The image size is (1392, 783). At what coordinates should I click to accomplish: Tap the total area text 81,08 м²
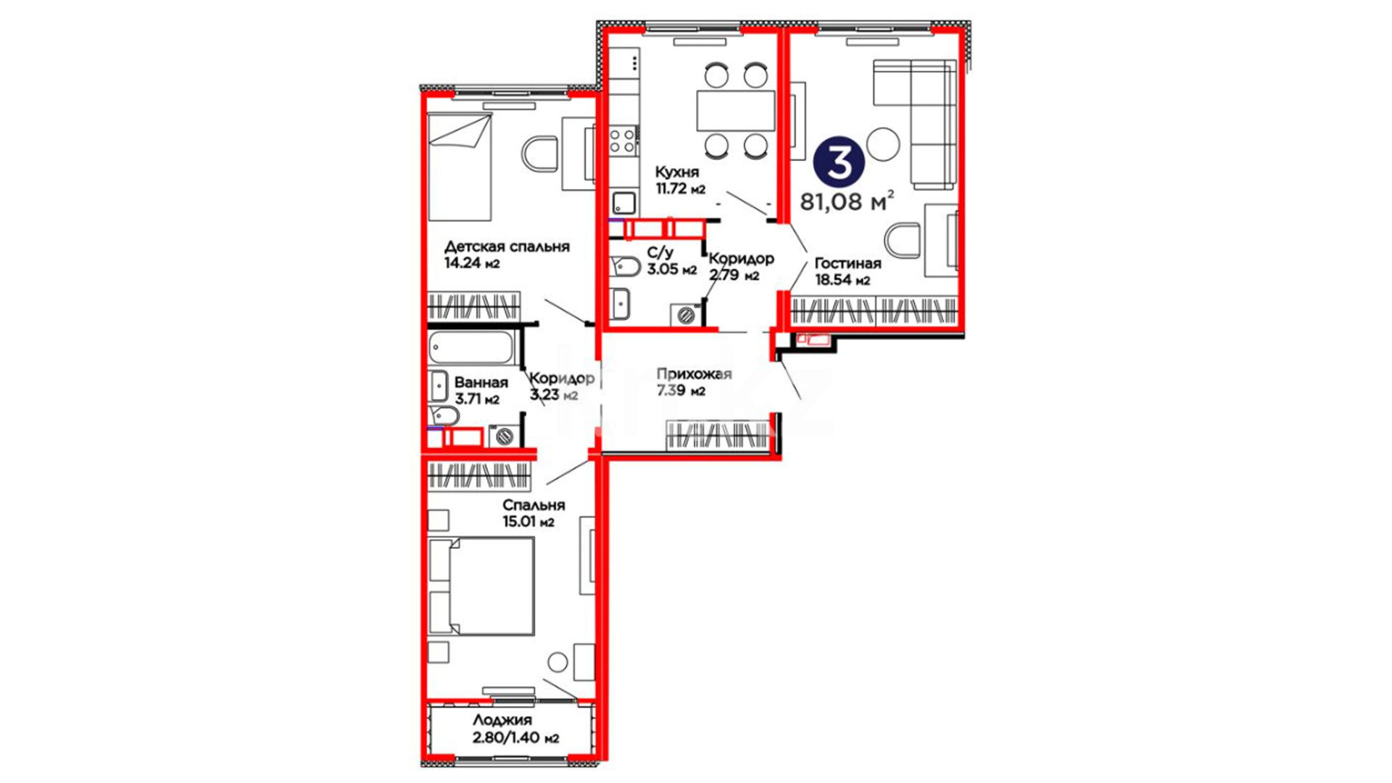847,201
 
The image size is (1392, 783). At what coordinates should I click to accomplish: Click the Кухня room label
677,172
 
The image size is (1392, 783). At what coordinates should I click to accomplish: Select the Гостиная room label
848,263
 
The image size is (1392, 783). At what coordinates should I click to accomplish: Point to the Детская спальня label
507,246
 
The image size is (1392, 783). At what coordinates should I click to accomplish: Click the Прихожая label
694,374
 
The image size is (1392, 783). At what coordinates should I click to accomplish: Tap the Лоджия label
502,720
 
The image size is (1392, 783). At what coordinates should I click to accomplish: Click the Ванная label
481,382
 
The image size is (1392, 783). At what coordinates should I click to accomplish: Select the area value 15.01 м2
529,521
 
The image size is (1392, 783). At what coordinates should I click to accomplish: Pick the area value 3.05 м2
672,270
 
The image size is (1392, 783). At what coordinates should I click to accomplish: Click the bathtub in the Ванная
471,348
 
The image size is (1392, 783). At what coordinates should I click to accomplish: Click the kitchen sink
623,203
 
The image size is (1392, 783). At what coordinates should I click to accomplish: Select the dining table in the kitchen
736,110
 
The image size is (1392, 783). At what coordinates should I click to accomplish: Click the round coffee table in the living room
883,144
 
